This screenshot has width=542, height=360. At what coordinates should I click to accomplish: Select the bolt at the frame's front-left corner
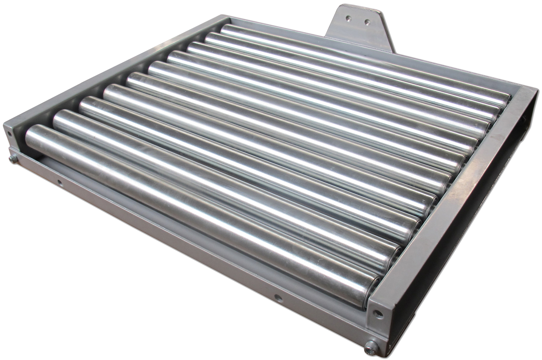(x=13, y=158)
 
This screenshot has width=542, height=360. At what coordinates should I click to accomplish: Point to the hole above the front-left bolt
(x=9, y=133)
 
